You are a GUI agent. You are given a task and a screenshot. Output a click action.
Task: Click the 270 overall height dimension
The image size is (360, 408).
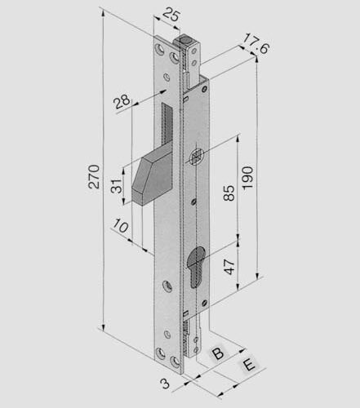click(x=94, y=176)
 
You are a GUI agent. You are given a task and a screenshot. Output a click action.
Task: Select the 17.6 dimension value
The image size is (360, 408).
click(x=256, y=43)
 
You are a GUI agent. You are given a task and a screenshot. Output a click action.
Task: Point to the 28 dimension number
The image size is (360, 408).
click(x=122, y=101)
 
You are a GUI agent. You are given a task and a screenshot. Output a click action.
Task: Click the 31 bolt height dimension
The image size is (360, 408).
click(x=117, y=186)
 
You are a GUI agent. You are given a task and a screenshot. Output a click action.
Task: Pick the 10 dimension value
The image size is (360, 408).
click(x=121, y=226)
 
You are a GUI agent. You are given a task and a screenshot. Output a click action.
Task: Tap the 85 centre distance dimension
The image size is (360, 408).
click(x=229, y=193)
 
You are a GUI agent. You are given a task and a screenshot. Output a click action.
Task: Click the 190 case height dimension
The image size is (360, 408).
click(x=247, y=178)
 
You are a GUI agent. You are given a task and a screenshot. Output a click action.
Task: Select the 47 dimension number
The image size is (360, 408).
click(x=229, y=267)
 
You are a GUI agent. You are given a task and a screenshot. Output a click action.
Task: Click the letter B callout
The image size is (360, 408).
click(x=218, y=353)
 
